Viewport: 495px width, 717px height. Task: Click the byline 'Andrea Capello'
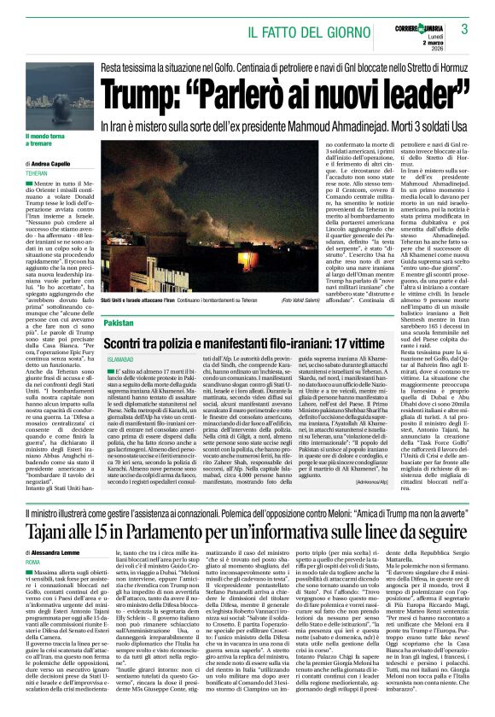[x=57, y=163]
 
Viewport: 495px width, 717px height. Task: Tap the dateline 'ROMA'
[x=34, y=563]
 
